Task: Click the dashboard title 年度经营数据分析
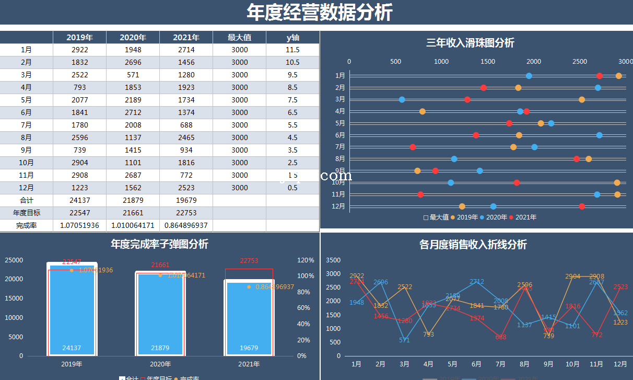[x=319, y=13]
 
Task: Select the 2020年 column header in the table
[x=133, y=38]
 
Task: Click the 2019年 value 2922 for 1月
[x=79, y=50]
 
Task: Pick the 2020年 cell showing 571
[x=133, y=75]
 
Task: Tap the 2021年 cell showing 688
[x=186, y=125]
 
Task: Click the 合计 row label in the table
[x=27, y=200]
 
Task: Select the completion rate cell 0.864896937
[x=186, y=225]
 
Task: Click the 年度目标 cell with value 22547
[x=79, y=213]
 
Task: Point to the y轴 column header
[x=292, y=38]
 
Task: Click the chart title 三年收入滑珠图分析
[x=470, y=43]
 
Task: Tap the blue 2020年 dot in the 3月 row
[x=402, y=99]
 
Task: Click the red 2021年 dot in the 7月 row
[x=413, y=147]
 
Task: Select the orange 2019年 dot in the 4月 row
[x=422, y=111]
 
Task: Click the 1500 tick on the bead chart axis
[x=488, y=62]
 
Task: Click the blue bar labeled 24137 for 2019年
[x=72, y=314]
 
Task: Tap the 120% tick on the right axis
[x=305, y=260]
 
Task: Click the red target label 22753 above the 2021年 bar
[x=249, y=261]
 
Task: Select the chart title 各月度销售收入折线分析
[x=473, y=245]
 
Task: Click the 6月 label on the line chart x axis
[x=476, y=364]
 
